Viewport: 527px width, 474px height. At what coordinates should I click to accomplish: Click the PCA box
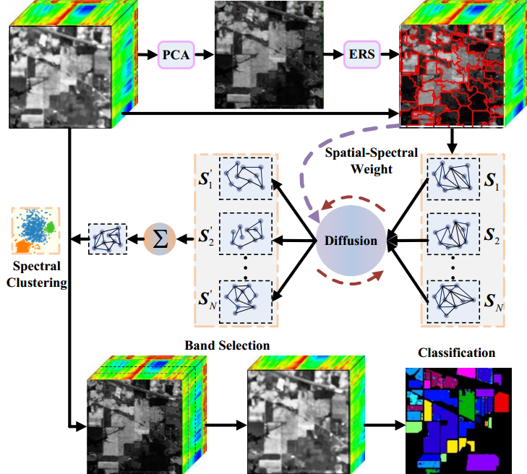tap(176, 53)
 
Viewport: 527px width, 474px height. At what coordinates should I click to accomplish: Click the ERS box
tap(362, 53)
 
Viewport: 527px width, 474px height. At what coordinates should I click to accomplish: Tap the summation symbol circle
tap(161, 238)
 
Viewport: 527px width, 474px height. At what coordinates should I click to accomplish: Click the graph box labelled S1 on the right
tap(453, 178)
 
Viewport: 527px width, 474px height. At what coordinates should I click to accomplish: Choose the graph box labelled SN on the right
tap(453, 299)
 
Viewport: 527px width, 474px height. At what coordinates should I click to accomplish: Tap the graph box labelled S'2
tap(247, 235)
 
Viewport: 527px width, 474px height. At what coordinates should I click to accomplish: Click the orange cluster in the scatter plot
tap(22, 246)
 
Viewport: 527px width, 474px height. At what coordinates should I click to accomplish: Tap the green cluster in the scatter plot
tap(51, 228)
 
